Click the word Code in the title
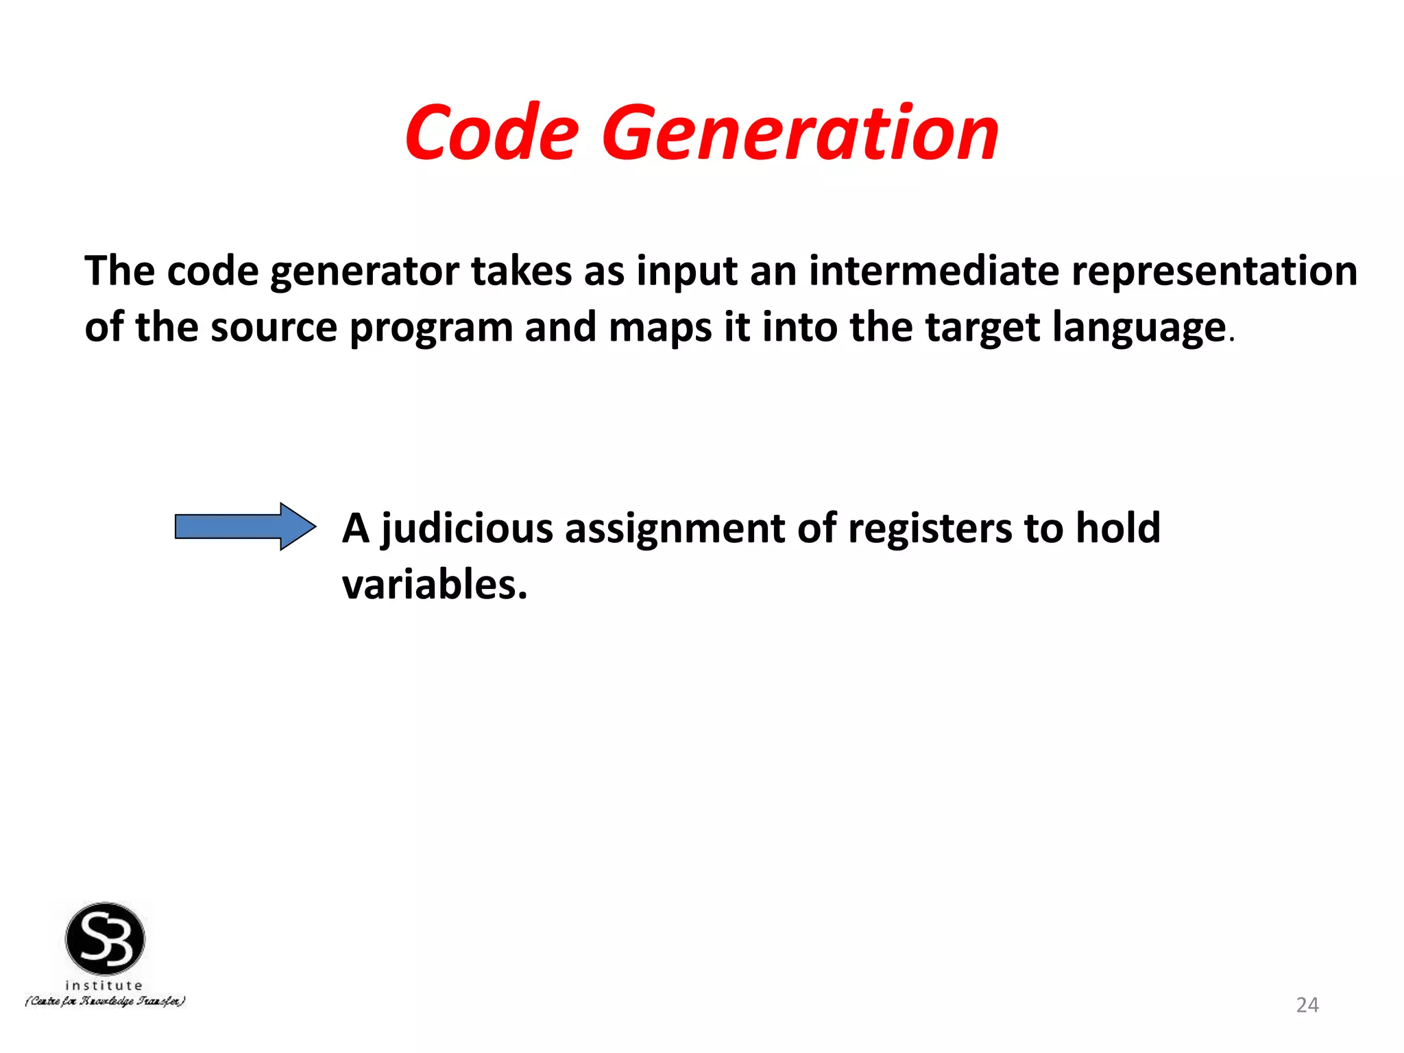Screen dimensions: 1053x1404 [492, 134]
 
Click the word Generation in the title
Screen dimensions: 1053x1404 [800, 134]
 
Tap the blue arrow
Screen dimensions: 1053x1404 [245, 526]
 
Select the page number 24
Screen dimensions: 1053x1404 [1307, 1005]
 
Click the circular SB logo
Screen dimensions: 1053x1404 [105, 939]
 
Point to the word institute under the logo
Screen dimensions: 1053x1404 [104, 985]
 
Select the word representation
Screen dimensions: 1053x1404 [1214, 270]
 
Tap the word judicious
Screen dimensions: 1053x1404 [467, 529]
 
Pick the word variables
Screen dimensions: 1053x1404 [435, 585]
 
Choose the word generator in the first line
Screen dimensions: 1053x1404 [364, 271]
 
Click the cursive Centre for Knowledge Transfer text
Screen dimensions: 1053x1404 [105, 1002]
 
